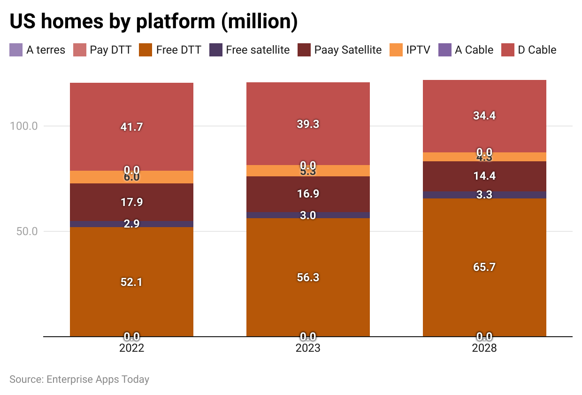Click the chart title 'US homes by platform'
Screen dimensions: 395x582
pos(153,22)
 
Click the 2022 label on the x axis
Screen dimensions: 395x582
pos(131,348)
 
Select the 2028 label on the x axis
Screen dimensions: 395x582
pos(484,348)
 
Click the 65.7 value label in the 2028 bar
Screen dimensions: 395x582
pos(484,267)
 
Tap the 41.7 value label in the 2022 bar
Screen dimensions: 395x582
pos(131,126)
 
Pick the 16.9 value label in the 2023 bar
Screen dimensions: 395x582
pos(308,194)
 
